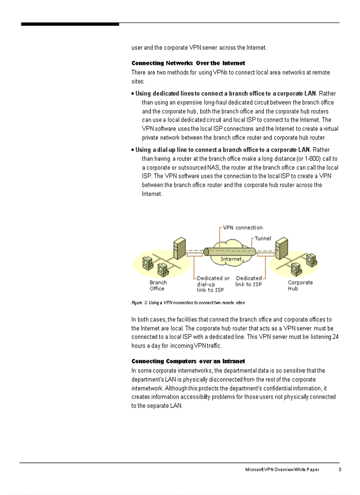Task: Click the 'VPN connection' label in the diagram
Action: pos(243,228)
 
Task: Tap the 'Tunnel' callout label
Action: pos(263,238)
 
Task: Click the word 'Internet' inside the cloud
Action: pos(231,259)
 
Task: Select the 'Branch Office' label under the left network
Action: pos(158,286)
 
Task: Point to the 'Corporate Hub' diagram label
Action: pos(300,286)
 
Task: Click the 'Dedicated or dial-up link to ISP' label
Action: pos(213,284)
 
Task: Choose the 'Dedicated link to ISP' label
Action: pos(248,281)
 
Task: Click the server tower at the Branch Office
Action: pos(179,249)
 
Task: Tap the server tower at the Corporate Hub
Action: pos(281,249)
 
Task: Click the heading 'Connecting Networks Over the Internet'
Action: pos(188,63)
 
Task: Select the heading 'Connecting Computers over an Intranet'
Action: pos(188,361)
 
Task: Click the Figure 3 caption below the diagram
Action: pos(188,303)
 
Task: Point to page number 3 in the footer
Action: pos(340,469)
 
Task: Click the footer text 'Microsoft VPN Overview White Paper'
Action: pos(282,469)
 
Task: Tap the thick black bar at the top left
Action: pos(70,24)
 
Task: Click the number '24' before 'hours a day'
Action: pos(335,337)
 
